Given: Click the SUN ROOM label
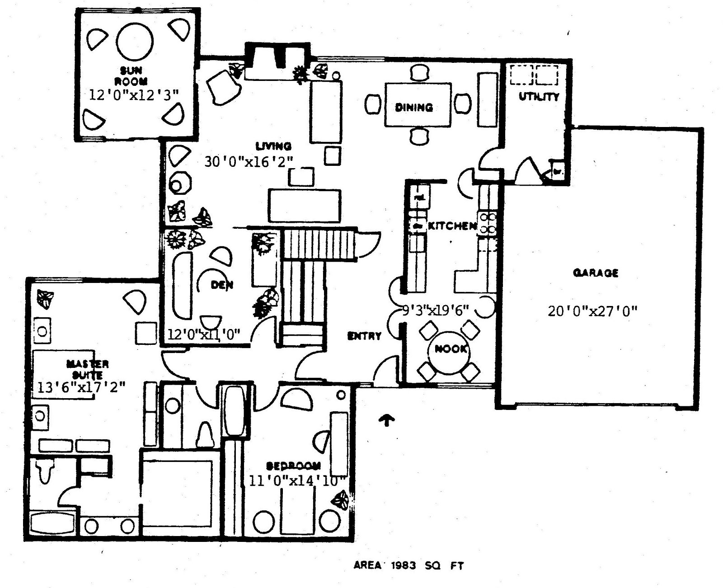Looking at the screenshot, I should click(131, 75).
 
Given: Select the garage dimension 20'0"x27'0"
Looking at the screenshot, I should click(592, 311).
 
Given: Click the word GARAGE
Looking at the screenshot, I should click(596, 273).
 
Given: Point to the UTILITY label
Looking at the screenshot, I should click(539, 97).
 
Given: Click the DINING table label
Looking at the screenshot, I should click(414, 108).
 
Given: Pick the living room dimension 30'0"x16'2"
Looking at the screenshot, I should click(249, 162).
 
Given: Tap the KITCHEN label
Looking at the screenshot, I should click(452, 226).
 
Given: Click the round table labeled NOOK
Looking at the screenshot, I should click(450, 349).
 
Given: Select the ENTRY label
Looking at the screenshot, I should click(364, 336).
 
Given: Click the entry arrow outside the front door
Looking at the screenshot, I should click(386, 420).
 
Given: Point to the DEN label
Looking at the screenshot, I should click(222, 285).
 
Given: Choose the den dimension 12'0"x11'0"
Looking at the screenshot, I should click(204, 334).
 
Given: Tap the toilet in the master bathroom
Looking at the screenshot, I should click(45, 470).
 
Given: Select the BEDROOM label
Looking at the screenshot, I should click(294, 466).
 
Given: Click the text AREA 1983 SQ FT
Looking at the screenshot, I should click(408, 565).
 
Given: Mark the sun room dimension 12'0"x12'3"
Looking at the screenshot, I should click(134, 94).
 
